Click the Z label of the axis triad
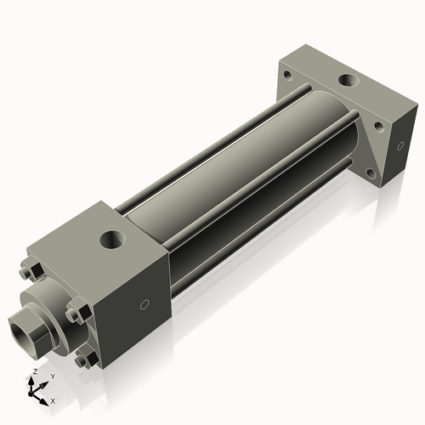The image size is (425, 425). [x=34, y=372]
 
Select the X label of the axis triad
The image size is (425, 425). [x=53, y=399]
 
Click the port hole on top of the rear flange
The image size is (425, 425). [x=348, y=82]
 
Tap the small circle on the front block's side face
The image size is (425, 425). [x=144, y=304]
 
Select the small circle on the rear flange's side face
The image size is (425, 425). [x=396, y=145]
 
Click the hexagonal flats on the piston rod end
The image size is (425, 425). [x=37, y=331]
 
